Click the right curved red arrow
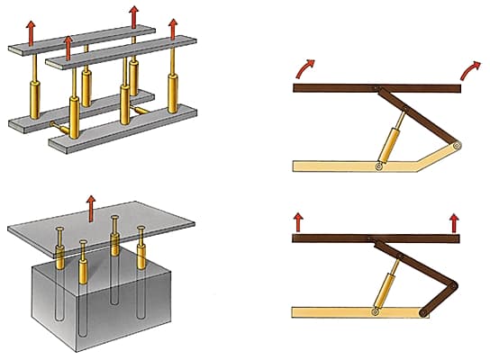click(470, 67)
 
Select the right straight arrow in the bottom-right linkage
click(452, 220)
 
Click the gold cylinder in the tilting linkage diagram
click(395, 142)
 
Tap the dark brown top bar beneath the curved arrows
click(342, 87)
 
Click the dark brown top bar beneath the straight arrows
click(342, 238)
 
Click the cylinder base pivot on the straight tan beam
click(375, 312)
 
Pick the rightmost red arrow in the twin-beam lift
click(174, 29)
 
